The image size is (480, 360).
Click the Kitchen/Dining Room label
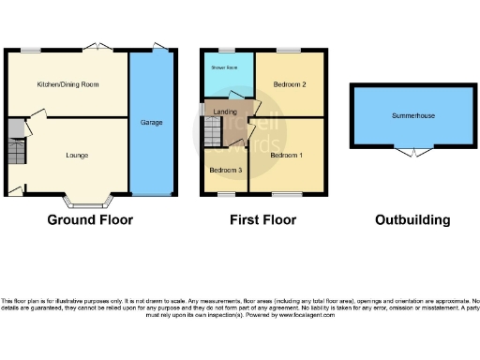coord(67,84)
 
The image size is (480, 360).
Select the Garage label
coord(151,122)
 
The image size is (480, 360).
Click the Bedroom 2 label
coord(291,84)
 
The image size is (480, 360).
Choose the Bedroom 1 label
coord(288,154)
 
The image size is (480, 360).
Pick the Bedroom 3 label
coord(226,170)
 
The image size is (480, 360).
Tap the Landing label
coord(225,112)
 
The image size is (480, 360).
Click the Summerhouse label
coord(412,115)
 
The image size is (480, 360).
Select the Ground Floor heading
coord(90,220)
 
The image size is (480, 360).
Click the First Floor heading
coord(263,220)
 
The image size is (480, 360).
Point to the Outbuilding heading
coord(412,220)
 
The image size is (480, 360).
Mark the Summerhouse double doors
coord(412,151)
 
